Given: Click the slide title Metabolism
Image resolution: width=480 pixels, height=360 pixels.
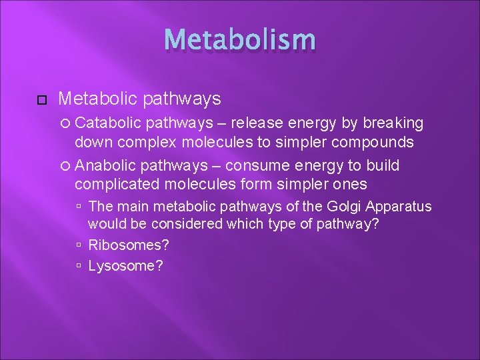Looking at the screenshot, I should click(x=239, y=40).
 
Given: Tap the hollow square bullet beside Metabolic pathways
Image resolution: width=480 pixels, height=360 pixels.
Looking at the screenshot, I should click(x=41, y=100).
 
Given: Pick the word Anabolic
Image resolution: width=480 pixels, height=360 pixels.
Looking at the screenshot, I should click(x=106, y=165).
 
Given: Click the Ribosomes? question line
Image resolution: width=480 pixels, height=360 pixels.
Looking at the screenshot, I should click(x=128, y=245).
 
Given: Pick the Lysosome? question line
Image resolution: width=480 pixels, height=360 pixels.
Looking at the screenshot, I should click(x=125, y=265).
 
